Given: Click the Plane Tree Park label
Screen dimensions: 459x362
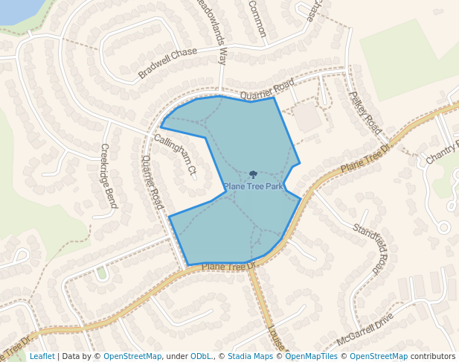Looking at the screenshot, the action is coord(254,186).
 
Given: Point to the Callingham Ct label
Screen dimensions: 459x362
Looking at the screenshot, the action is coord(176,155).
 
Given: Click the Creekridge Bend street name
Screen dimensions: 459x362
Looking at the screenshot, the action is coord(109,176).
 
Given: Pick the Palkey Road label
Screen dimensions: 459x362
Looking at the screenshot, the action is coord(365,112).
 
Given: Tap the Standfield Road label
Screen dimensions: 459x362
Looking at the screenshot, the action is coord(371,247).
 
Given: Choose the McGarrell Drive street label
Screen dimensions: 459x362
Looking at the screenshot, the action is coord(365,328).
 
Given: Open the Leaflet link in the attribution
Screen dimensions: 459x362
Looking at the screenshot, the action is coord(42,356).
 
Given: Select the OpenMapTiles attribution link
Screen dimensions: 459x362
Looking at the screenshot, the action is coord(312,356).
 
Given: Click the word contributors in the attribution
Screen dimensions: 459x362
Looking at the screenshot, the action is coord(433,356).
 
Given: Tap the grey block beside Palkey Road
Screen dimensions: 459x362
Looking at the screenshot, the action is coord(308,118).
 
